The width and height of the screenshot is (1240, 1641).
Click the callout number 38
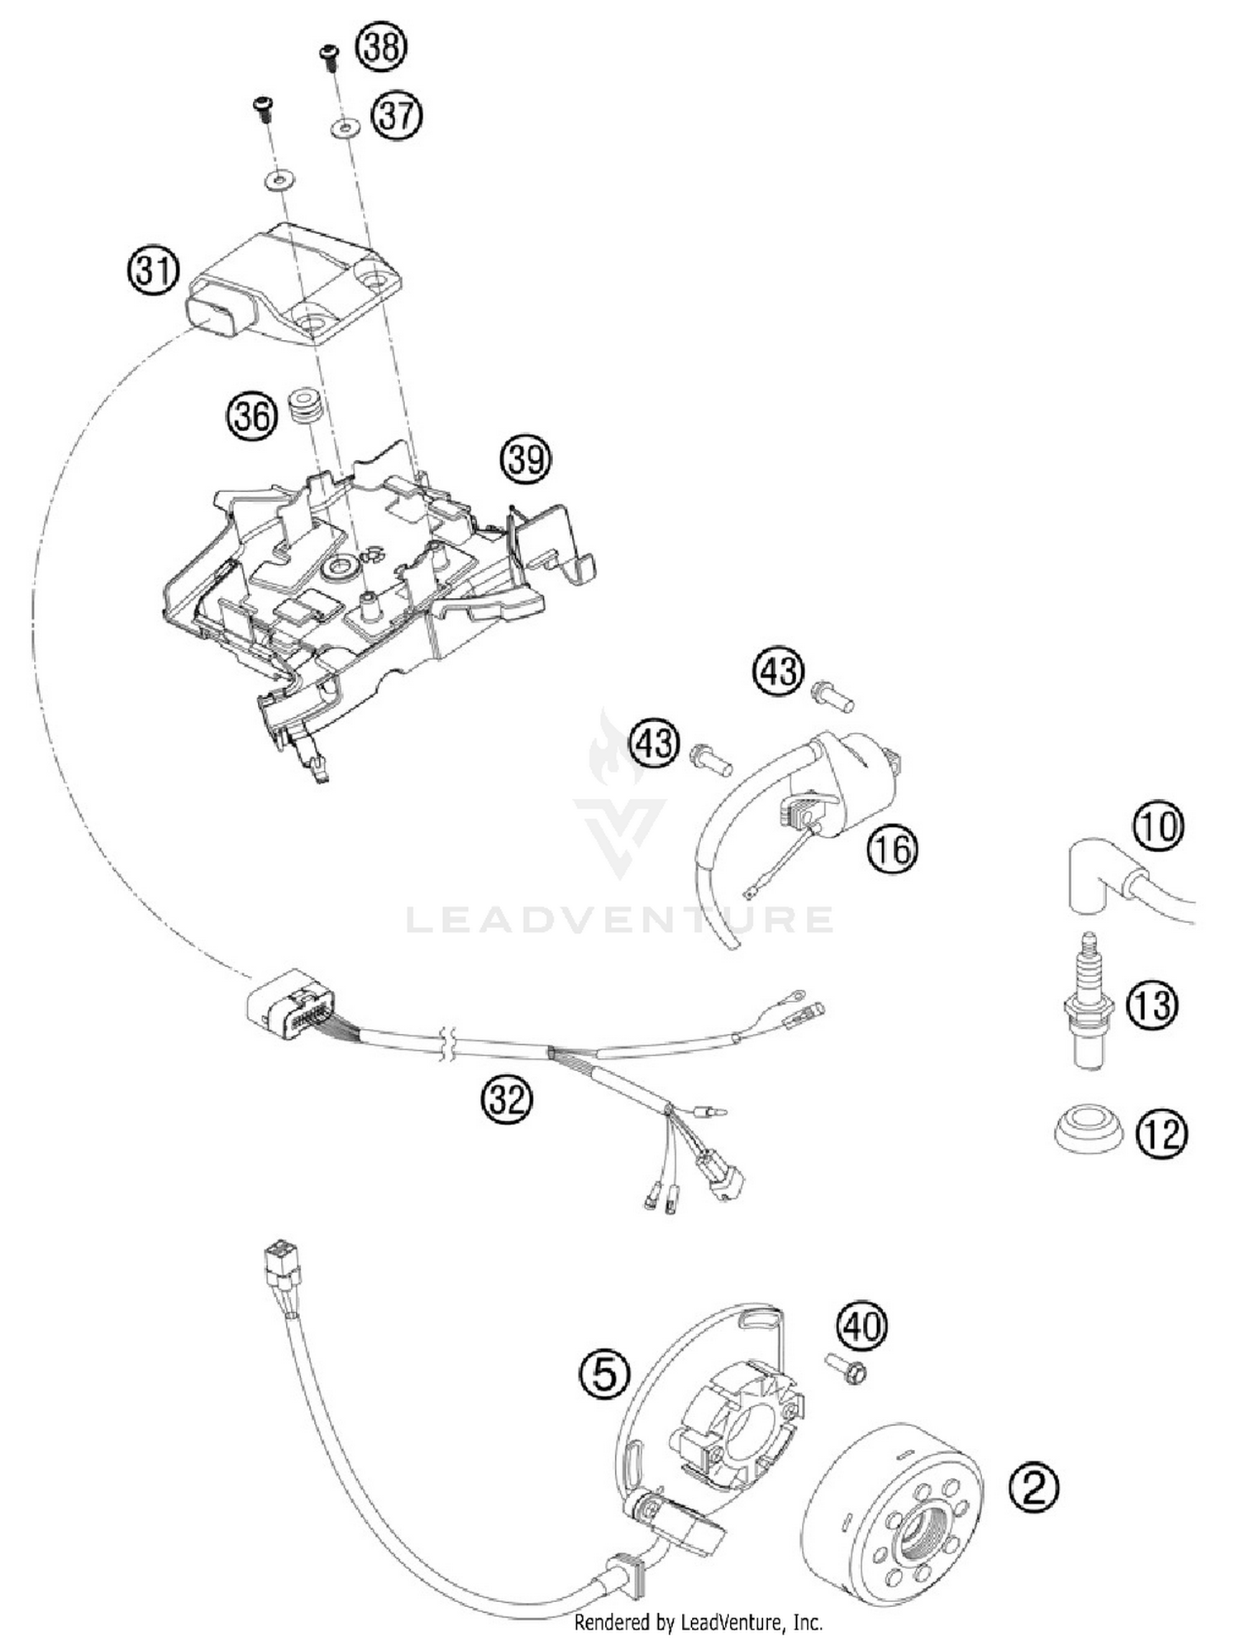tap(381, 47)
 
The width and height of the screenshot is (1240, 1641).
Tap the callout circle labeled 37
tap(397, 116)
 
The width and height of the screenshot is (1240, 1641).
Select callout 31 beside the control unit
tap(154, 270)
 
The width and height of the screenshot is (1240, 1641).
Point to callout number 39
tap(526, 458)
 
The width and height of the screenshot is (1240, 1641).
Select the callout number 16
tap(894, 849)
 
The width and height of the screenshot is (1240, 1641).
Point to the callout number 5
tap(605, 1375)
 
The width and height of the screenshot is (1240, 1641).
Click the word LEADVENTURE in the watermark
tap(620, 920)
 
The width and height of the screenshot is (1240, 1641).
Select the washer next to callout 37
tap(345, 128)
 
